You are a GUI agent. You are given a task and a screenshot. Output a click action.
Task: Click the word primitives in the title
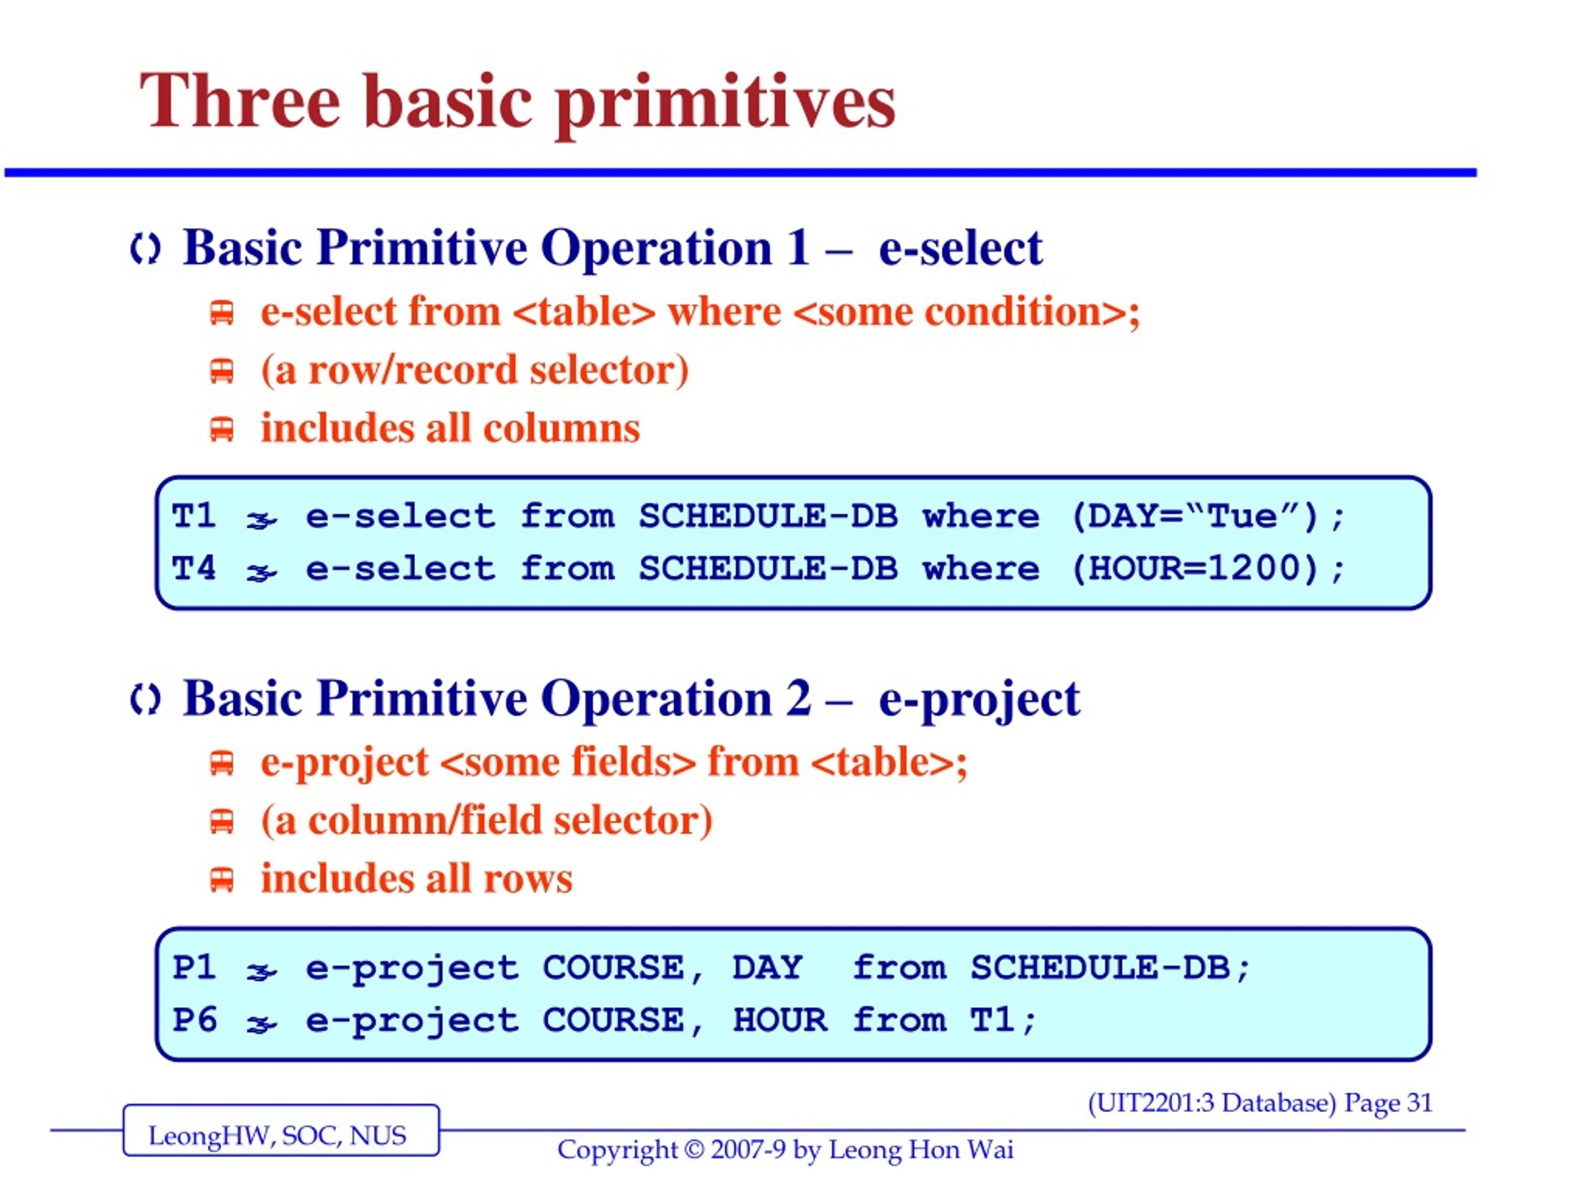coord(726,105)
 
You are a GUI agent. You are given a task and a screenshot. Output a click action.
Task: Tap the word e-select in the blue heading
coord(960,248)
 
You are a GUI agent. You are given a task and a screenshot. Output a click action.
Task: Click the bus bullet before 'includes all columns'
coord(221,429)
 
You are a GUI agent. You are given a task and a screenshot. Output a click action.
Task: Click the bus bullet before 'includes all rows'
coord(221,880)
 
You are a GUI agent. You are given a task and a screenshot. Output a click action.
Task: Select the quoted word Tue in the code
coord(1242,516)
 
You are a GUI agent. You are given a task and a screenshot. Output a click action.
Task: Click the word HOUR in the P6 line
coord(780,1020)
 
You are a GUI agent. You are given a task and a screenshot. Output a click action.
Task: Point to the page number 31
coord(1419,1103)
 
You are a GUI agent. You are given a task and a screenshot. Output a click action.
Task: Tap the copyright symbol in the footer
coord(694,1150)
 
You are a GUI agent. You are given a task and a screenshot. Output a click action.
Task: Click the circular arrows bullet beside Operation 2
coord(146,700)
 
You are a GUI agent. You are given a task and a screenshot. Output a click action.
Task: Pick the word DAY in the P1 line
coord(767,967)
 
